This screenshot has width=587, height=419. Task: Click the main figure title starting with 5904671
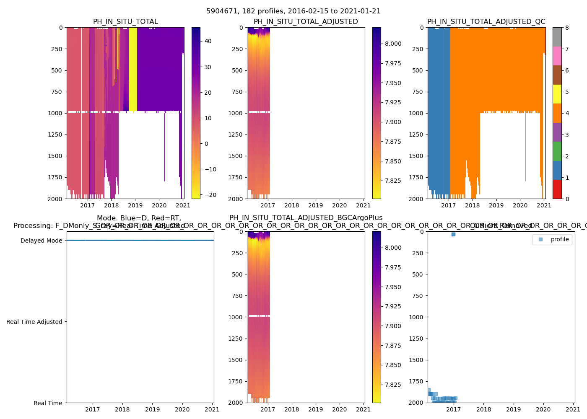pyautogui.click(x=293, y=11)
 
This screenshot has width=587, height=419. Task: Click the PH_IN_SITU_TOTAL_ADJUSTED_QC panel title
pyautogui.click(x=486, y=22)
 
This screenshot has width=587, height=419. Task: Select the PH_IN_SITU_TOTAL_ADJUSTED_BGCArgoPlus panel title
pyautogui.click(x=306, y=218)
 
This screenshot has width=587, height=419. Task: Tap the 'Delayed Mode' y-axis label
pyautogui.click(x=41, y=241)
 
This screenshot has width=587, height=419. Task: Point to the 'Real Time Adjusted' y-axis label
pyautogui.click(x=34, y=322)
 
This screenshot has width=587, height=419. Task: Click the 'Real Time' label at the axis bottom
pyautogui.click(x=48, y=403)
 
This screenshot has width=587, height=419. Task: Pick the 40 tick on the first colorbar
pyautogui.click(x=208, y=41)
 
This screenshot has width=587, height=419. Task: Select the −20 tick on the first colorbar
pyautogui.click(x=208, y=195)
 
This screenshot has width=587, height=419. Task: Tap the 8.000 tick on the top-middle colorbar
pyautogui.click(x=393, y=44)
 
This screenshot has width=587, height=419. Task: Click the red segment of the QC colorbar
pyautogui.click(x=557, y=189)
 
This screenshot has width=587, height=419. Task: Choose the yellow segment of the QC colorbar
pyautogui.click(x=557, y=94)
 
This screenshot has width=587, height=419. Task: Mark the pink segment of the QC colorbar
pyautogui.click(x=557, y=56)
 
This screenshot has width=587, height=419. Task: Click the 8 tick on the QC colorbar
pyautogui.click(x=567, y=28)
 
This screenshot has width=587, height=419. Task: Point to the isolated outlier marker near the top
pyautogui.click(x=453, y=234)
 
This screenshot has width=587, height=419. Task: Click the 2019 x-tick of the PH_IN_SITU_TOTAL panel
pyautogui.click(x=135, y=205)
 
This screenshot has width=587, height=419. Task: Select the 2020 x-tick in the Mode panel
pyautogui.click(x=182, y=409)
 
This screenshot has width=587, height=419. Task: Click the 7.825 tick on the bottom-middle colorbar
pyautogui.click(x=393, y=385)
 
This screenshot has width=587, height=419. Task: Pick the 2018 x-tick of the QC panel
pyautogui.click(x=473, y=205)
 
